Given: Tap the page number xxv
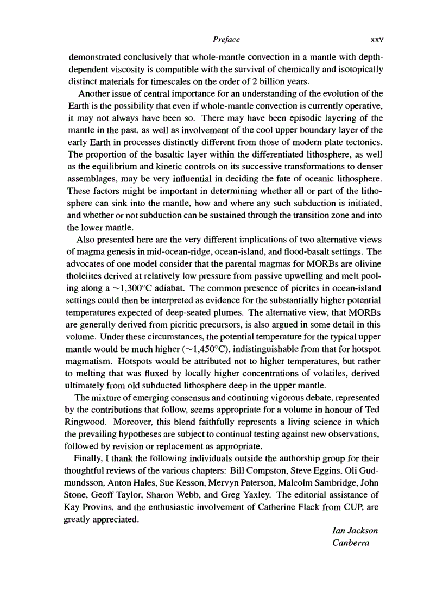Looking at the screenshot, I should tap(370, 40).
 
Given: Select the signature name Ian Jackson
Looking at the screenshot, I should tap(355, 530).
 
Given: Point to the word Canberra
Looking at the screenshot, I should tap(350, 543).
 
